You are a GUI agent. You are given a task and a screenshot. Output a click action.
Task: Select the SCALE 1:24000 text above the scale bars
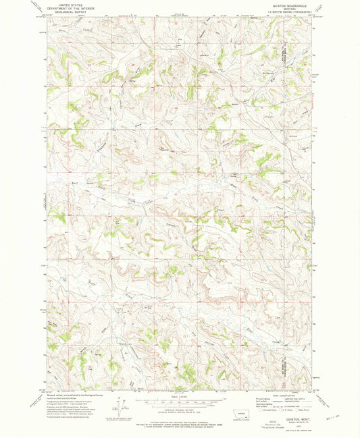pyautogui.click(x=180, y=396)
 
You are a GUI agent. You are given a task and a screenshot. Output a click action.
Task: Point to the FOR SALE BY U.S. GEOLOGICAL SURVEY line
pyautogui.click(x=180, y=420)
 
